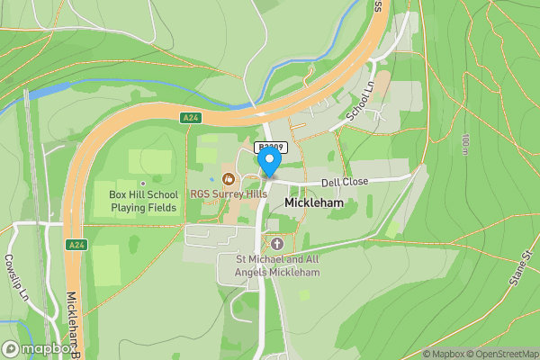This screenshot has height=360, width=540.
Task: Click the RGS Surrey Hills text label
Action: [229, 193]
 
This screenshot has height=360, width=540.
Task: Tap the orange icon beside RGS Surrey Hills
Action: [228, 178]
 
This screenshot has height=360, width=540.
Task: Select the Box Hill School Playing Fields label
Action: [143, 201]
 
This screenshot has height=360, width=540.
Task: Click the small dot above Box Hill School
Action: [142, 184]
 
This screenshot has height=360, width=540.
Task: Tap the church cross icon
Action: [276, 244]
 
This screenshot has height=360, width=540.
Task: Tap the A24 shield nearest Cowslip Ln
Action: [76, 245]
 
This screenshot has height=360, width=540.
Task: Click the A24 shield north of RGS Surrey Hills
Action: [189, 118]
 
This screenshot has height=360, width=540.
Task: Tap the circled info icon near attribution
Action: [415, 354]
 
